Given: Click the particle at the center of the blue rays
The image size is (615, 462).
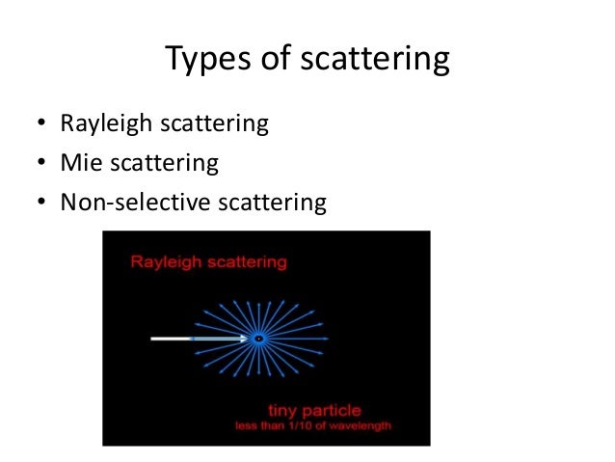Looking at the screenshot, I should click(257, 339).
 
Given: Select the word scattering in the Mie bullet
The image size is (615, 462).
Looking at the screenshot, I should click(164, 163).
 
